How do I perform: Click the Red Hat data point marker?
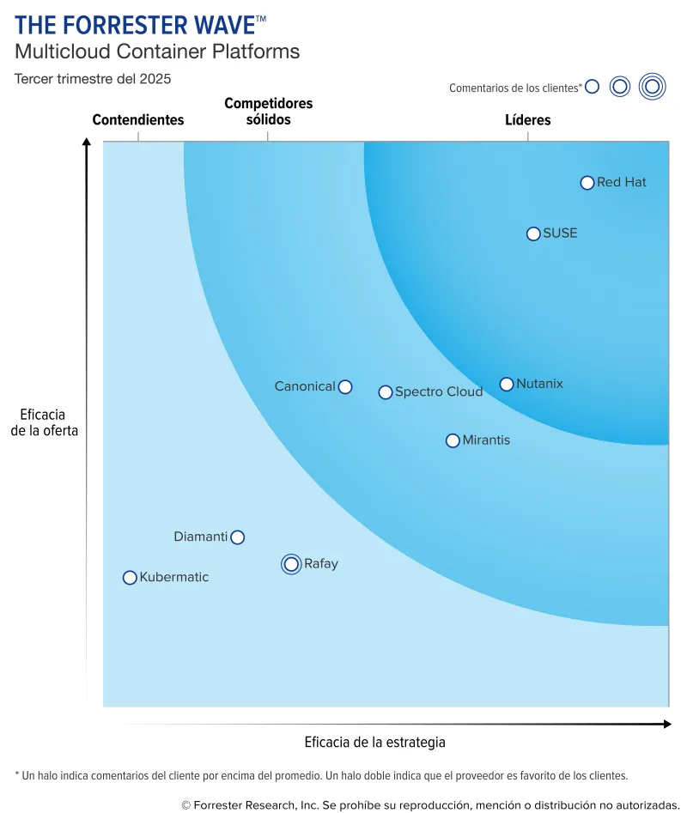(x=587, y=183)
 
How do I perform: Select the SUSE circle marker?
(x=533, y=234)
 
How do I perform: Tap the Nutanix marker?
(x=507, y=385)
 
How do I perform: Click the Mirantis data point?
(x=453, y=440)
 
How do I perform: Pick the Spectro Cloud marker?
(x=386, y=392)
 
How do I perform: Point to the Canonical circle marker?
(x=345, y=387)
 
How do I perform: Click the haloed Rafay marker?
(x=291, y=564)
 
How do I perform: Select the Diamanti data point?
(x=238, y=537)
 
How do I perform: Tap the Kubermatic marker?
(x=130, y=578)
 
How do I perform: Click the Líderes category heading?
(x=527, y=120)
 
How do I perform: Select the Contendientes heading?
(x=138, y=120)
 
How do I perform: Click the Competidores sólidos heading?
(x=268, y=112)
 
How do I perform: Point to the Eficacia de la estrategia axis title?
(x=375, y=743)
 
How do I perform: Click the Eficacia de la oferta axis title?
(x=45, y=423)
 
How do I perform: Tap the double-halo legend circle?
(x=653, y=86)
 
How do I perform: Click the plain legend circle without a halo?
(x=592, y=87)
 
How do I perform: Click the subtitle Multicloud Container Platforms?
(x=157, y=52)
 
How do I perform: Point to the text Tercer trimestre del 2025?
(x=93, y=79)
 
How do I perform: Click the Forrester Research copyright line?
(x=430, y=804)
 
